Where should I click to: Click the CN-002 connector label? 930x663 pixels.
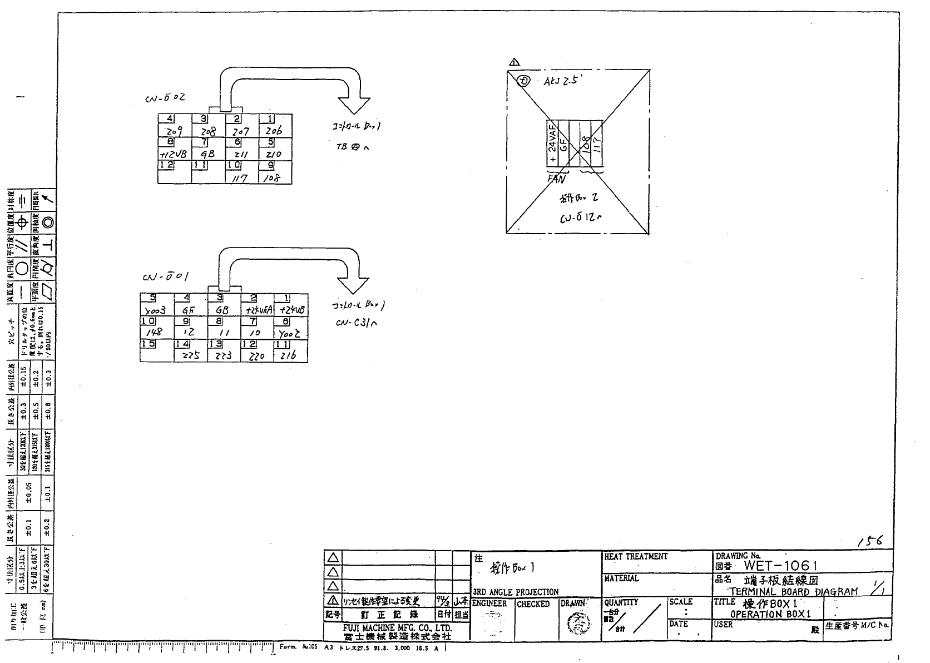[x=164, y=98]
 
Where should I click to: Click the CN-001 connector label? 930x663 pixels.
[x=165, y=276]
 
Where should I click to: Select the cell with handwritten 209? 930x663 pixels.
[x=175, y=131]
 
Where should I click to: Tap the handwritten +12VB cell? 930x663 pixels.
[x=174, y=155]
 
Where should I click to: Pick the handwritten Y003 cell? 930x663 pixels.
[x=156, y=310]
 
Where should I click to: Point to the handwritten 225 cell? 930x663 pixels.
[x=190, y=354]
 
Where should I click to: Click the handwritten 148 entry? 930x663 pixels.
[x=154, y=332]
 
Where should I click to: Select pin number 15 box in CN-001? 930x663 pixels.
[x=148, y=344]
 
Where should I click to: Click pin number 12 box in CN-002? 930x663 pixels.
[x=166, y=165]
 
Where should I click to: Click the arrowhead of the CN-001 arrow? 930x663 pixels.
[x=353, y=285]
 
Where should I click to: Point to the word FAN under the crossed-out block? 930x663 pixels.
[x=556, y=179]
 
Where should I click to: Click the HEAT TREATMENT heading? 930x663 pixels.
[x=635, y=556]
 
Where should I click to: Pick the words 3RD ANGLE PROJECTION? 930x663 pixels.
[x=515, y=592]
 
